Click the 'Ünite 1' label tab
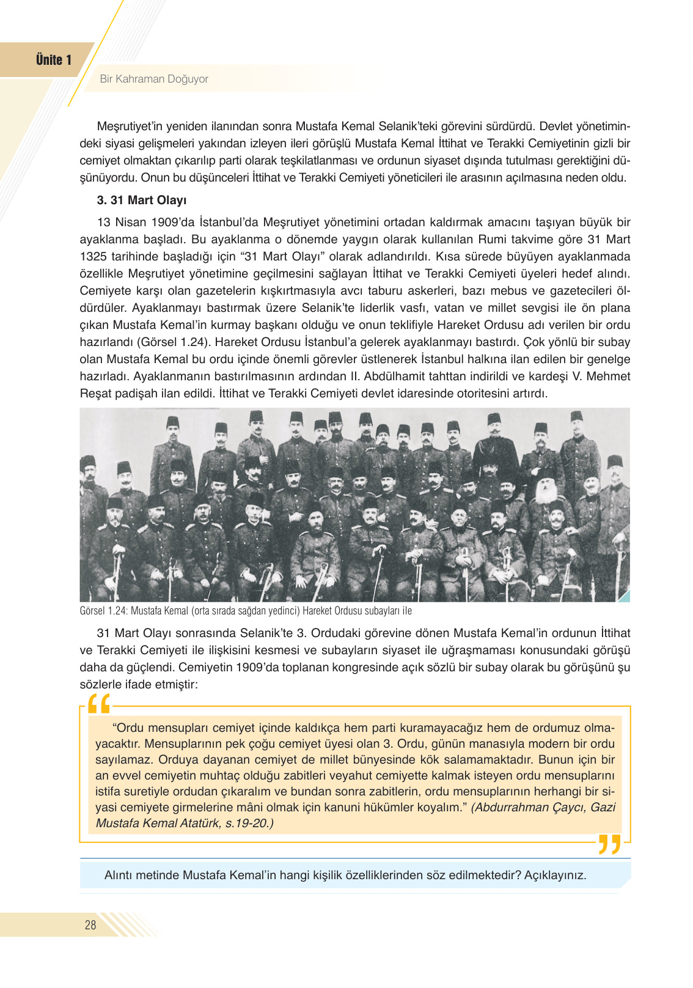(53, 60)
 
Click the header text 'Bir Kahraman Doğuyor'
(154, 79)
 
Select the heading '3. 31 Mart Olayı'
(142, 200)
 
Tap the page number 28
(90, 925)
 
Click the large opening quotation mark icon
(99, 704)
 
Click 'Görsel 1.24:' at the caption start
(103, 611)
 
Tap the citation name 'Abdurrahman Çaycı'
(527, 807)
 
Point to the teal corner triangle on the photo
(625, 597)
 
